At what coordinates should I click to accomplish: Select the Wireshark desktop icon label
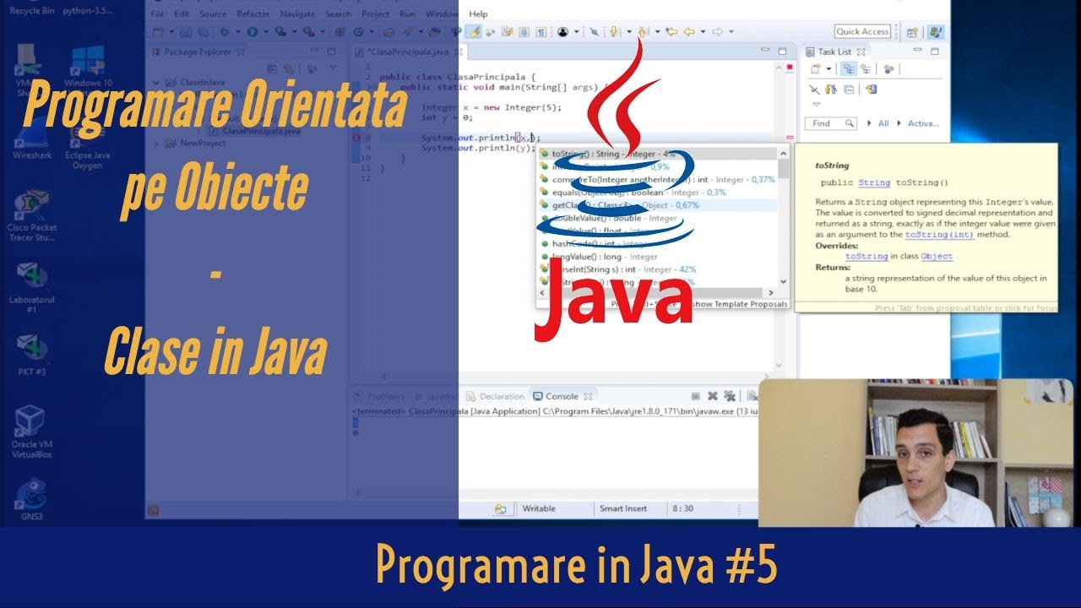pos(31,155)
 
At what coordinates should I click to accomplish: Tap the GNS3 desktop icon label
pos(32,516)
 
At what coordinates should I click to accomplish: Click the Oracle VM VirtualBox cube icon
pos(30,420)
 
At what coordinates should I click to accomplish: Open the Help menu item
pos(478,14)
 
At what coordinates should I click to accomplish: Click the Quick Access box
pos(862,32)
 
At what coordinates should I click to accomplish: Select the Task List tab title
pos(834,52)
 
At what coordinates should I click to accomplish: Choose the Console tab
pos(561,396)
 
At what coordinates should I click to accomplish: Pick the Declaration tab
pos(502,396)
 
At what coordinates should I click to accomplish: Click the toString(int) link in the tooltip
pos(939,235)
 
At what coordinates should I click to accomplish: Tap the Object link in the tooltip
pos(937,256)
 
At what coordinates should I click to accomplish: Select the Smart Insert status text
pos(622,508)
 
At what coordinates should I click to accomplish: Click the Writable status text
pos(539,508)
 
